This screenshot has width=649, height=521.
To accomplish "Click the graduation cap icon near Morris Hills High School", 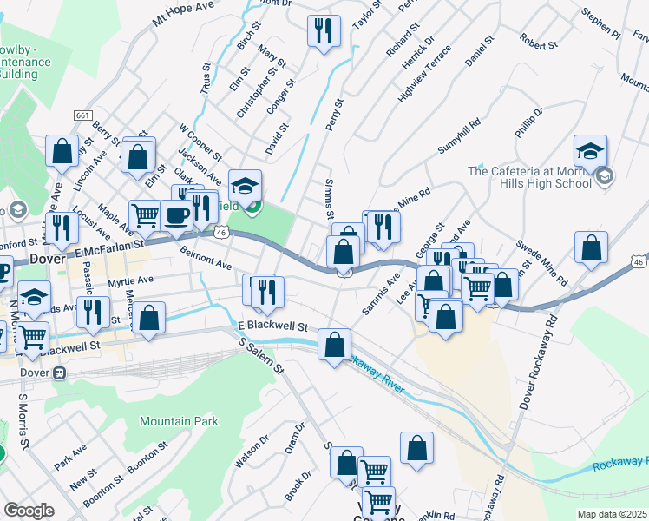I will tap(590, 150).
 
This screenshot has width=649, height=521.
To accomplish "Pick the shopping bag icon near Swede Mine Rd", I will tap(591, 247).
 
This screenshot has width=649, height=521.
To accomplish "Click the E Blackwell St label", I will tap(273, 327).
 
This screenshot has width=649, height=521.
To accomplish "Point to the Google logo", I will tap(29, 510).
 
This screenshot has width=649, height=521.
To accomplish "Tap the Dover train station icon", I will tap(59, 373).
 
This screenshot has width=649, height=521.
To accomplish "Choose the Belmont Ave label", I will tap(206, 257).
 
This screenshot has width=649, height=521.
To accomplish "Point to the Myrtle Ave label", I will tap(130, 281).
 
